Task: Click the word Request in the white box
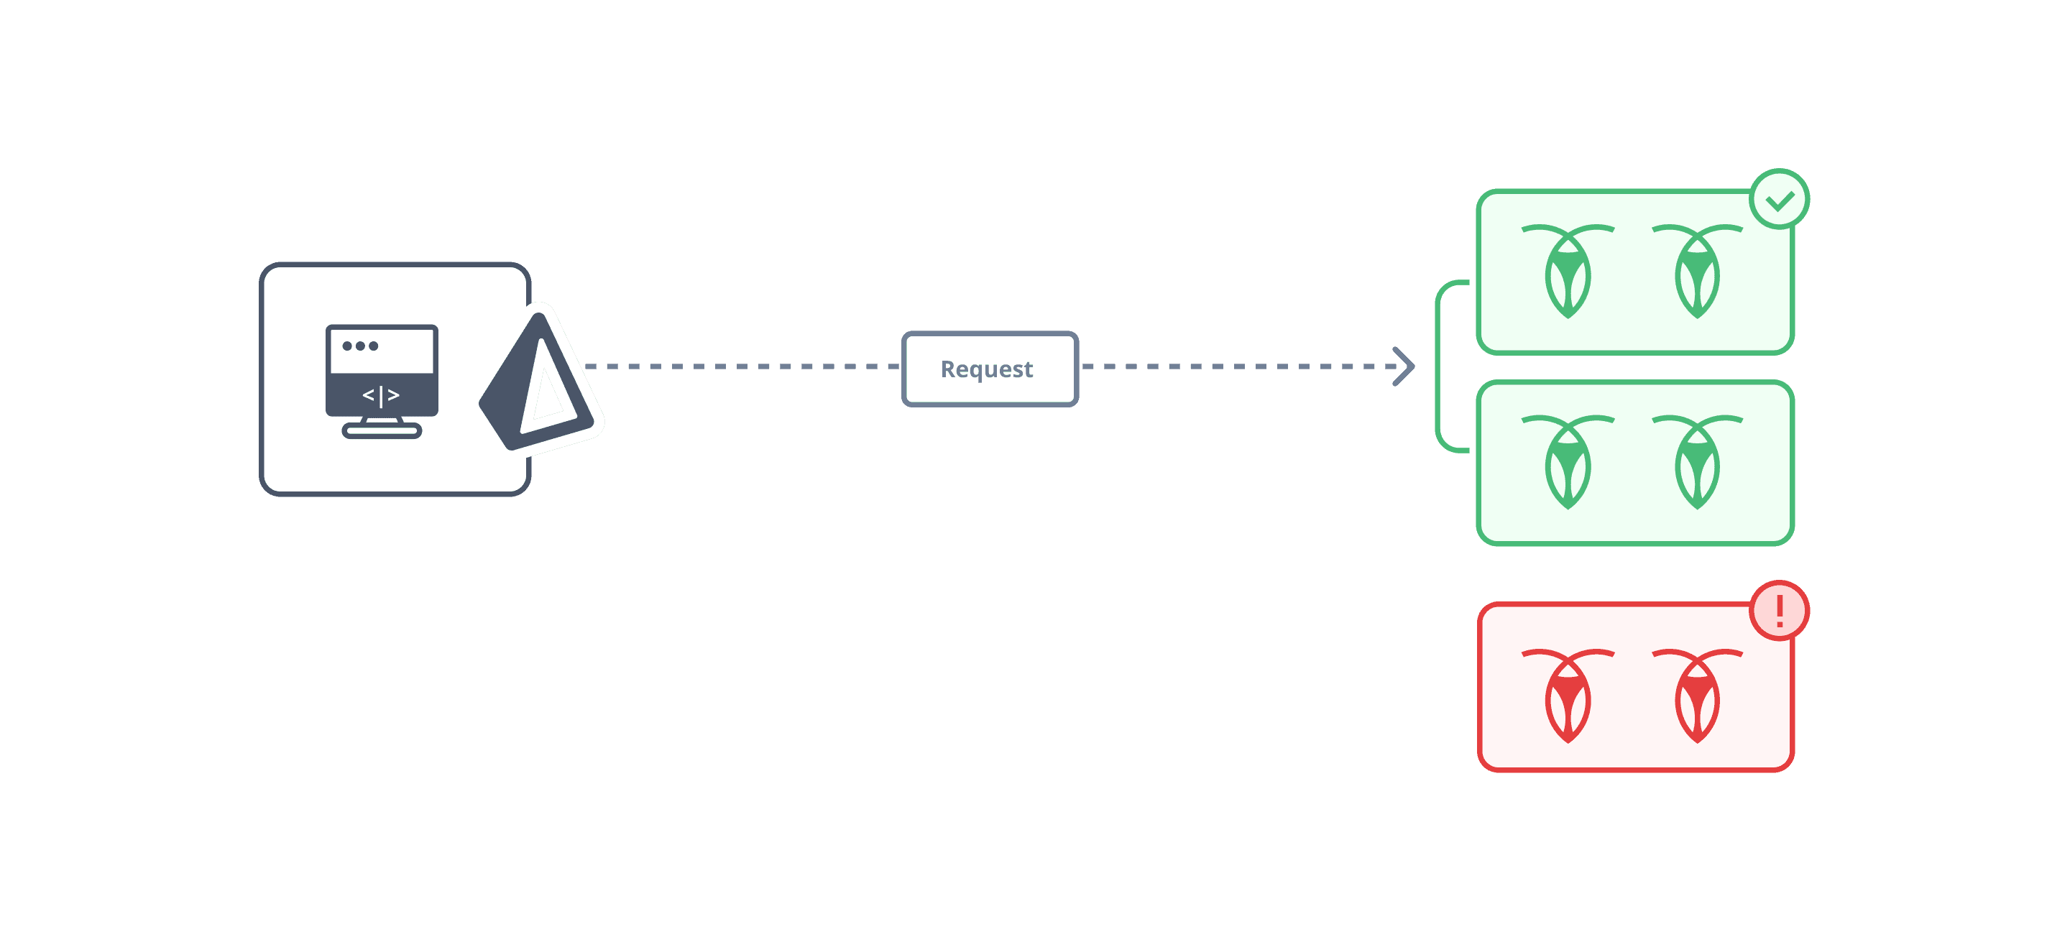[x=987, y=369]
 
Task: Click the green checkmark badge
[x=1779, y=200]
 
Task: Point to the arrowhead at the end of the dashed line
[x=1404, y=367]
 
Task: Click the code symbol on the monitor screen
[x=381, y=395]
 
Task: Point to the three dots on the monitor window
[x=360, y=346]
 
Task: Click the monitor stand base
[x=382, y=432]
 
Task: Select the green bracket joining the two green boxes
[x=1439, y=366]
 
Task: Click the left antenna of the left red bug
[x=1539, y=653]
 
